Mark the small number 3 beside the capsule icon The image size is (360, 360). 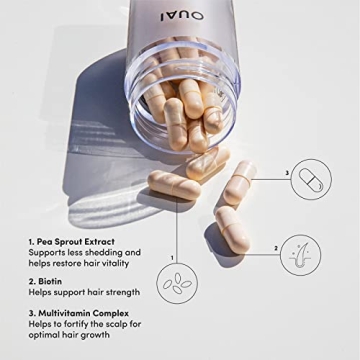tap(287, 173)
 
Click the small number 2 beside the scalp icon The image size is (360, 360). tap(275, 248)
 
